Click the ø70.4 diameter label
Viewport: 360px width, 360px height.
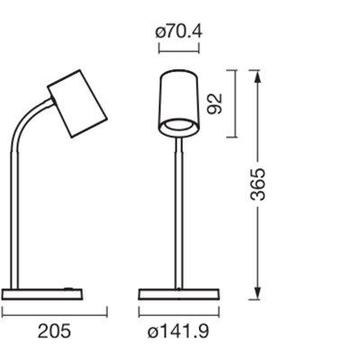tap(179, 31)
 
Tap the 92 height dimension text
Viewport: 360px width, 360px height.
tap(215, 103)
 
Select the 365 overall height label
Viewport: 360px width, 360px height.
tap(258, 184)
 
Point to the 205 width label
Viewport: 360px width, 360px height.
tap(54, 331)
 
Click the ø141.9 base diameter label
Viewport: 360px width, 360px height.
tap(178, 331)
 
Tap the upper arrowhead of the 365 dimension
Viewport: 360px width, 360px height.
tap(257, 76)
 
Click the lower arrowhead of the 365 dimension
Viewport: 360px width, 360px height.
tap(257, 292)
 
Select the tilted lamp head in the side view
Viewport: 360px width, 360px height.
tap(77, 103)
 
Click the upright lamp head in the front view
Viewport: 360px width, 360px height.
tap(179, 103)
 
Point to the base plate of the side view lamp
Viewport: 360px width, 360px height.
tap(42, 294)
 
